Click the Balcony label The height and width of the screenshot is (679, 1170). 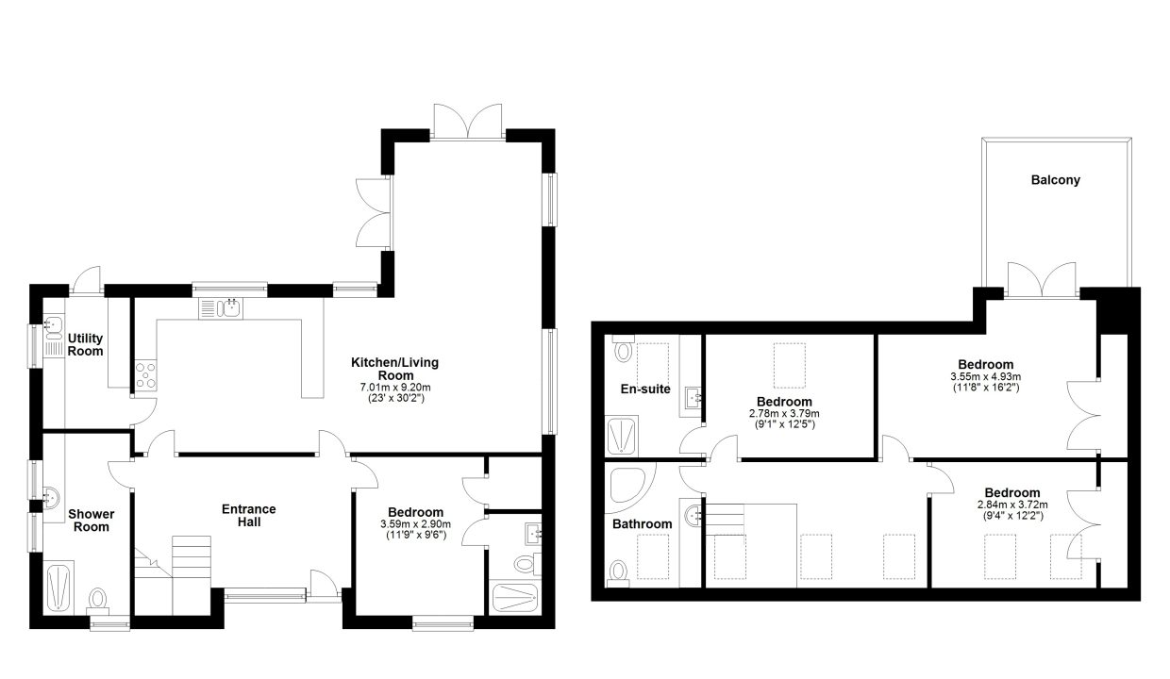tap(1055, 180)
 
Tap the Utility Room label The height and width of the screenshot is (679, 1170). tap(85, 344)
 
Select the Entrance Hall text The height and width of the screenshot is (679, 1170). tap(249, 515)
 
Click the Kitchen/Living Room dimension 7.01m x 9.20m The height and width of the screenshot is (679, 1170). tap(395, 388)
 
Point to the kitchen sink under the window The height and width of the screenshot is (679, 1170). tap(221, 308)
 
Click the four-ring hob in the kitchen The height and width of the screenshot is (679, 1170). tap(145, 375)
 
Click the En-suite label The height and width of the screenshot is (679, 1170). tap(645, 389)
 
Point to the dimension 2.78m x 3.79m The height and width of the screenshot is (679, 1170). tap(784, 413)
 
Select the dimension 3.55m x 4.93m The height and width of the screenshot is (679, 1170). tap(986, 376)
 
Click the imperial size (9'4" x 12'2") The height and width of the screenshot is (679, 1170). tap(1012, 516)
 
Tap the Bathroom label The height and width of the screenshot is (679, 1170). tap(642, 524)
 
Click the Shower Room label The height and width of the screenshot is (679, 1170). tap(91, 521)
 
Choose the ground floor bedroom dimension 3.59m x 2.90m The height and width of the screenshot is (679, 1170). tap(415, 524)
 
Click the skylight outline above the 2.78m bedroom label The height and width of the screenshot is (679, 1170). tap(789, 365)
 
